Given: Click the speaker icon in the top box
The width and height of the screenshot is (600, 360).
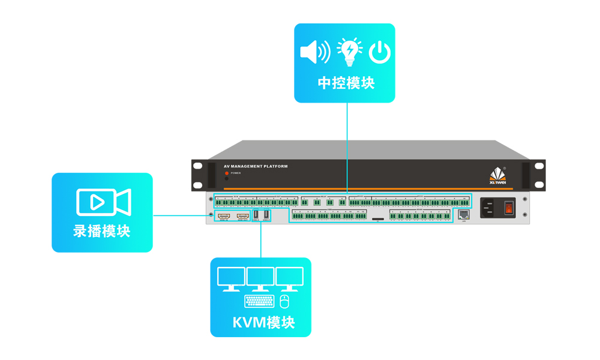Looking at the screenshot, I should pos(314,52).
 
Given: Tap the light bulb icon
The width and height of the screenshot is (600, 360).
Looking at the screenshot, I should pos(349,52).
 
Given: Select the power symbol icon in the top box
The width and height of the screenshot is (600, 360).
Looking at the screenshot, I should pos(380,53).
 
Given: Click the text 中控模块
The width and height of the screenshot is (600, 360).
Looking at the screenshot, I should pos(346,83).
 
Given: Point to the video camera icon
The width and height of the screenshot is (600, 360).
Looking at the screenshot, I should pos(103,202).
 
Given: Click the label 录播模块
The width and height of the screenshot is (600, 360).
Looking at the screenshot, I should pos(102,231).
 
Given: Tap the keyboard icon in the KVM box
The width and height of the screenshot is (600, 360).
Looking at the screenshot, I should pos(259,301).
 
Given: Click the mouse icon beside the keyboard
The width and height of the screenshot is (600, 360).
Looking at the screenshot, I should pos(284,301).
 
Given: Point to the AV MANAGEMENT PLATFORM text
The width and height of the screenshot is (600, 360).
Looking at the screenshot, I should pos(255,167).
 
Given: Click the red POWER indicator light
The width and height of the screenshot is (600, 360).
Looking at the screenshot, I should pos(227,173).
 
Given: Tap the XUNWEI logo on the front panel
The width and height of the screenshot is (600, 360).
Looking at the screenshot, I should pos(497,175).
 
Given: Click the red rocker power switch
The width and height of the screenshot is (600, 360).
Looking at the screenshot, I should pos(509,208).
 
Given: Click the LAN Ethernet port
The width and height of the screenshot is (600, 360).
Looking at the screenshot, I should pos(463,214).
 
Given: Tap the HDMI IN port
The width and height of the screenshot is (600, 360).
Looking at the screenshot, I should pos(224,215).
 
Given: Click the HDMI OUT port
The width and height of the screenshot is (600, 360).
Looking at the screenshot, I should pos(243,215).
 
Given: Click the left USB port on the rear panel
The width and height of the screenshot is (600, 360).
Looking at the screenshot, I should pos(256,214).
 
